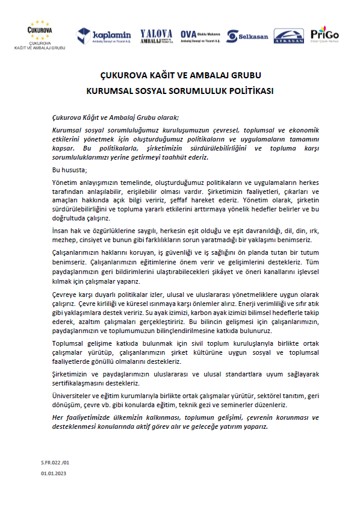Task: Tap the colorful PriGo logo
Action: (x=324, y=34)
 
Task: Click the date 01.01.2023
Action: (x=55, y=474)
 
